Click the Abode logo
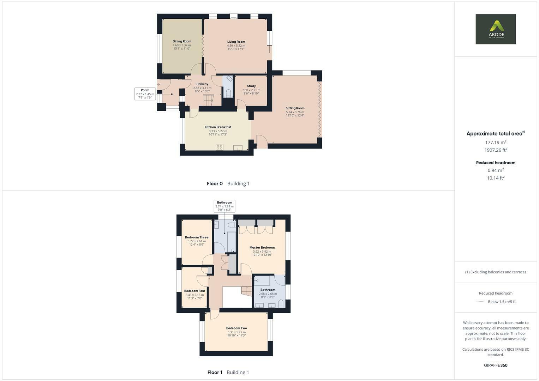pyautogui.click(x=496, y=29)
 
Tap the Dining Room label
pyautogui.click(x=182, y=41)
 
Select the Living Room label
pyautogui.click(x=236, y=42)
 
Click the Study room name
pyautogui.click(x=251, y=86)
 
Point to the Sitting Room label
pyautogui.click(x=295, y=108)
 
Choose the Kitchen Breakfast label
pyautogui.click(x=218, y=127)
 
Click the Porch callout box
pyautogui.click(x=145, y=93)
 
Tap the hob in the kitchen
pyautogui.click(x=220, y=147)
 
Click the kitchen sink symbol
pyautogui.click(x=238, y=148)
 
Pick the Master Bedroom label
pyautogui.click(x=262, y=248)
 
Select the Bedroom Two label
pyautogui.click(x=236, y=328)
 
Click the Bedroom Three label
pyautogui.click(x=197, y=237)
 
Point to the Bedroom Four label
pyautogui.click(x=194, y=291)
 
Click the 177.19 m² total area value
pyautogui.click(x=496, y=143)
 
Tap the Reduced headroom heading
pyautogui.click(x=496, y=163)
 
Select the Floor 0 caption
pyautogui.click(x=215, y=183)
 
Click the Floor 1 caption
pyautogui.click(x=215, y=372)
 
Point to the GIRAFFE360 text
pyautogui.click(x=496, y=365)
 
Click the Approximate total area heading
pyautogui.click(x=495, y=134)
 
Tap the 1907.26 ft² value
pyautogui.click(x=496, y=150)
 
